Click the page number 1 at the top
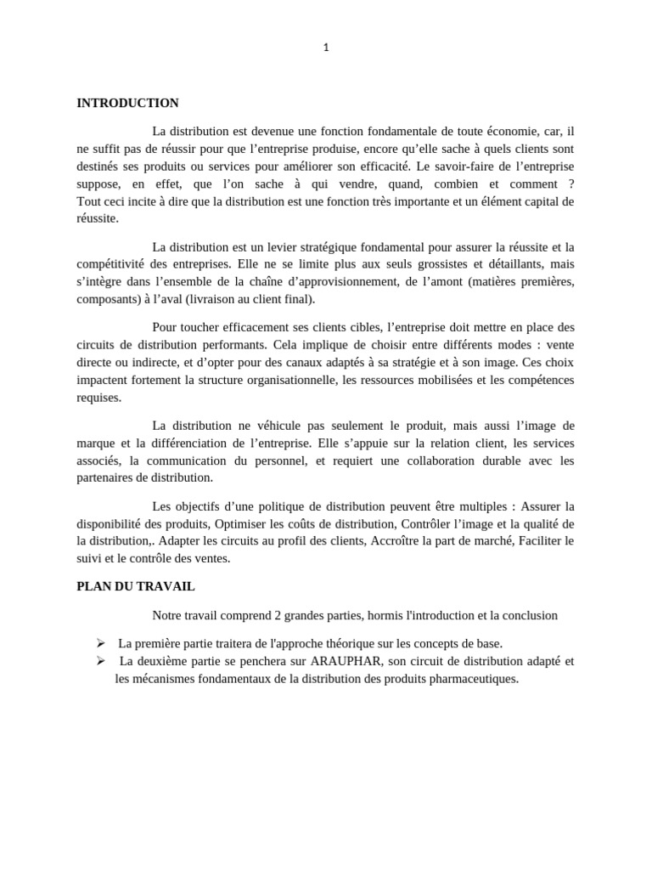[326, 48]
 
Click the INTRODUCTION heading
[127, 103]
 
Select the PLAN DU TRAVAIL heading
[136, 586]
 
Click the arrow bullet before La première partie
[100, 643]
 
